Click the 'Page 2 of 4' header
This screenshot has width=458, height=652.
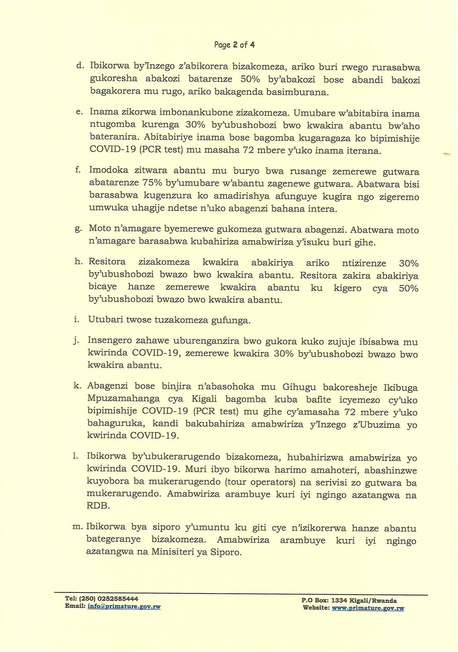[x=234, y=45]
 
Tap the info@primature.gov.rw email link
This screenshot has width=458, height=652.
[x=124, y=606]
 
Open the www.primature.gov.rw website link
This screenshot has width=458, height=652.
[x=368, y=608]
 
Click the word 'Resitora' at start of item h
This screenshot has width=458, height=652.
[x=107, y=262]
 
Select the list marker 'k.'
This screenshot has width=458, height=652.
[x=78, y=386]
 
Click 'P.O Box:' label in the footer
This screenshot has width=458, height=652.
[x=315, y=600]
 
